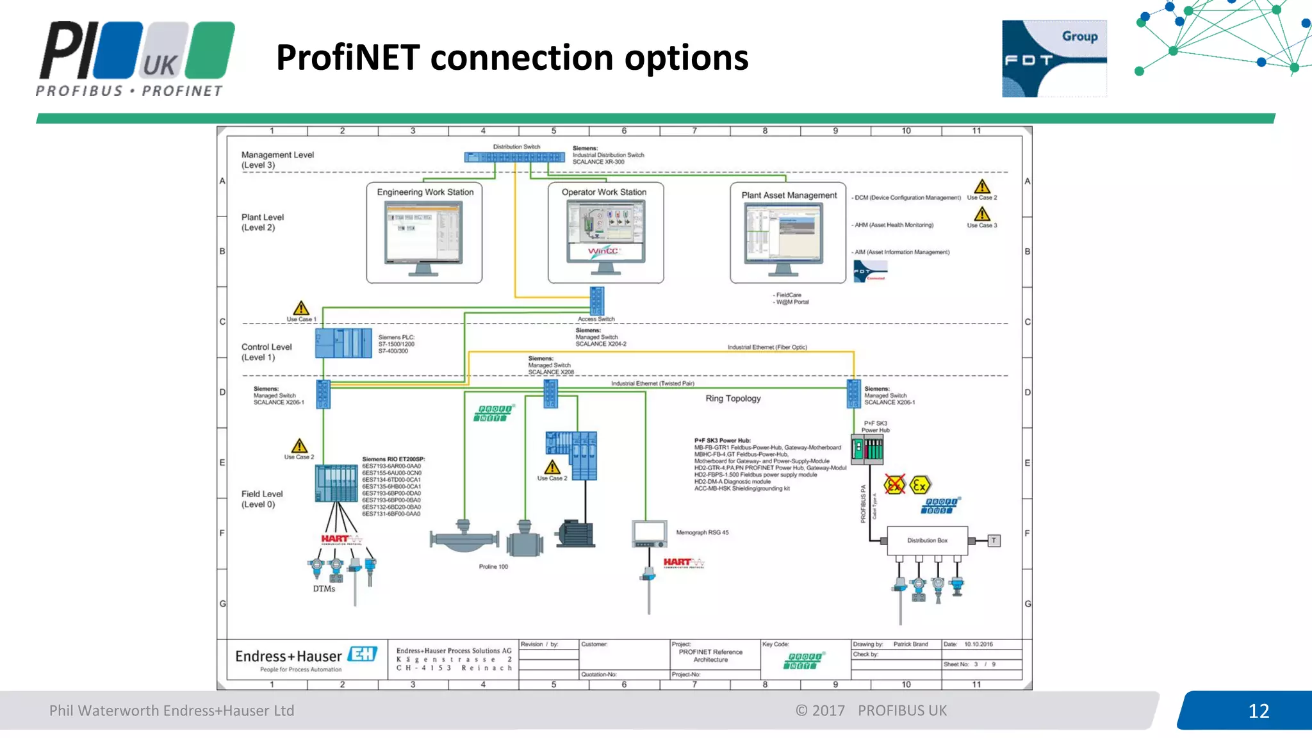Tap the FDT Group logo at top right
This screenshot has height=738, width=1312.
1054,58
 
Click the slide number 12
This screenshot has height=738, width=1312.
1258,711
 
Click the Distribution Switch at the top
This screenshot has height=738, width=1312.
514,157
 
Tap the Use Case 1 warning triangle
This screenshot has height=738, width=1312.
301,308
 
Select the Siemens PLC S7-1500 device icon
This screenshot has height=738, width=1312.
343,343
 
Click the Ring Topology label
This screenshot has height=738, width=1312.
733,398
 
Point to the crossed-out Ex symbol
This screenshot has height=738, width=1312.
894,485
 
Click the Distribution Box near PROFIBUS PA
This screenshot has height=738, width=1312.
926,541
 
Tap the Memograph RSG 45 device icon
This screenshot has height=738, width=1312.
649,534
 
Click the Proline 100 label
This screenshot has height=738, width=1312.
493,567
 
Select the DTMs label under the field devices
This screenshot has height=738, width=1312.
324,589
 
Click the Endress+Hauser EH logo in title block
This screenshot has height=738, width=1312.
363,654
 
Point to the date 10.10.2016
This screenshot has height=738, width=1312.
978,644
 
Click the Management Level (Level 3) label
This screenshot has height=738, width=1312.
277,160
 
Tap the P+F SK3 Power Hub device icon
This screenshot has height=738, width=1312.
867,449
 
